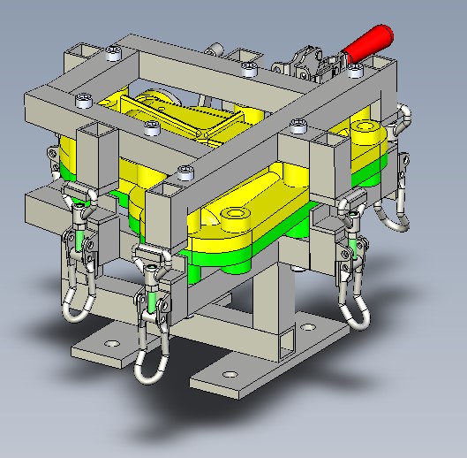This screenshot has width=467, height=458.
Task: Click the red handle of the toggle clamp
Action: (370, 42)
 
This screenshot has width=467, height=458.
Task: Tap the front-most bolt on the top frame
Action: (185, 171)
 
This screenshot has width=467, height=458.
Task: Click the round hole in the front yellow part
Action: (236, 214)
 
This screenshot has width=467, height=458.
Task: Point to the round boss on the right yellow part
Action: (364, 134)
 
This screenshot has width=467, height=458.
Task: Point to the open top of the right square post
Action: (336, 140)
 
